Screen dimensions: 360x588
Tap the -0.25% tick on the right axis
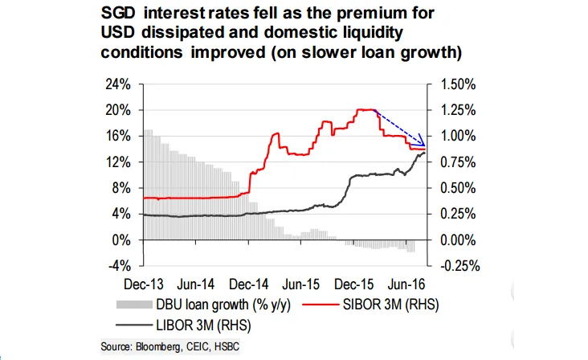click(x=454, y=266)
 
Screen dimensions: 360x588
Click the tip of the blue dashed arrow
click(x=425, y=147)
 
